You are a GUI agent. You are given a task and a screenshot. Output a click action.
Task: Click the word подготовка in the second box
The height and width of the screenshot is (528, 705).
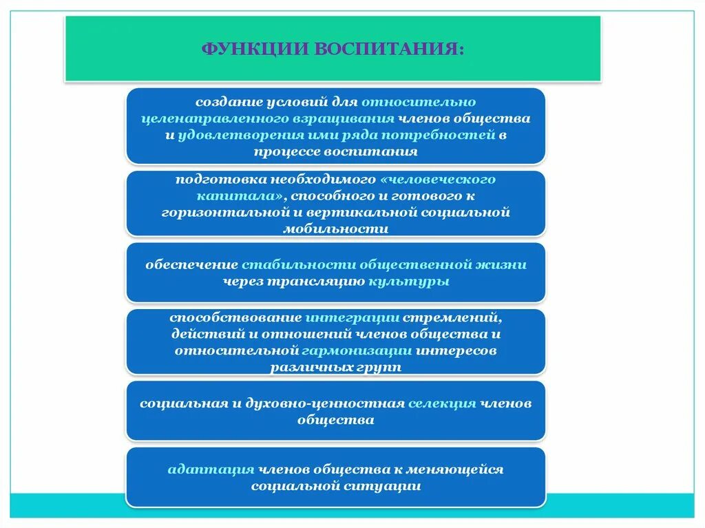(x=215, y=180)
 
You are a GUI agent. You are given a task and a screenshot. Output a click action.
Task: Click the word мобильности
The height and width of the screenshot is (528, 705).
(x=335, y=229)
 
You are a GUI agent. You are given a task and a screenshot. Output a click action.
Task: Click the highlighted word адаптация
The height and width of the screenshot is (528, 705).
(x=211, y=469)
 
